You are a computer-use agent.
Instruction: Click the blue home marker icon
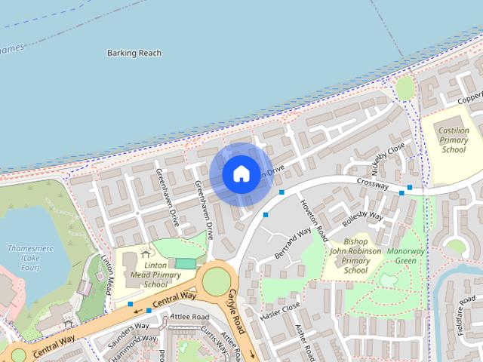(240, 174)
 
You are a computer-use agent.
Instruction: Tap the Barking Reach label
(134, 54)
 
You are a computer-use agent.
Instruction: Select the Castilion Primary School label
(454, 140)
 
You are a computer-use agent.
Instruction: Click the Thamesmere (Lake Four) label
(23, 256)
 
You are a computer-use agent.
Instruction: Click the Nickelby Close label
(388, 155)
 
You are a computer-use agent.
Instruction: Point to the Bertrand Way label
(293, 244)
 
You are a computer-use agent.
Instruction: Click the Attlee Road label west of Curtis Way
(189, 318)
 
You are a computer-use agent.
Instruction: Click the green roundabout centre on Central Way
(216, 281)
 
